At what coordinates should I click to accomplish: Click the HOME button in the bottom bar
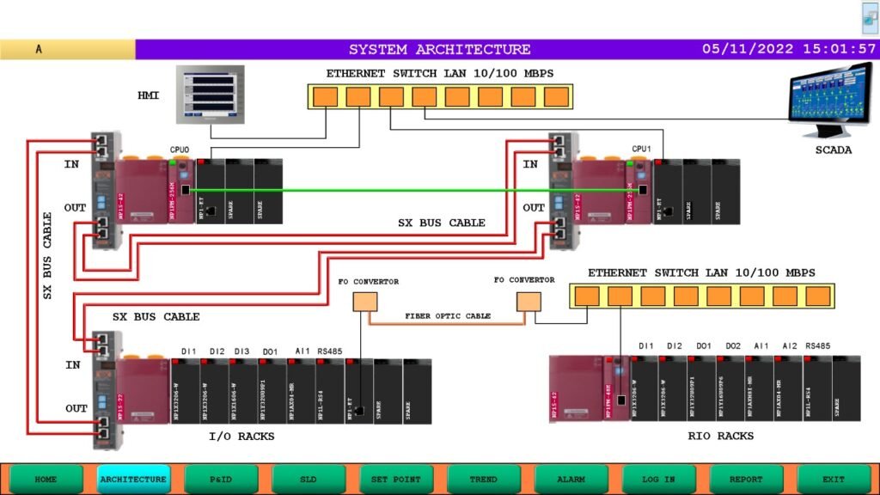pos(46,479)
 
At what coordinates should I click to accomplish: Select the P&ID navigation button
pos(221,479)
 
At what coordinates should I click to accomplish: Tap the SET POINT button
pos(395,479)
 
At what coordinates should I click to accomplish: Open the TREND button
pos(483,479)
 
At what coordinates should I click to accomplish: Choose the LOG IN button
pos(658,479)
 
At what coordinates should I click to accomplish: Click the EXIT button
pos(833,479)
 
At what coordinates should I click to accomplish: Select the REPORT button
pos(746,479)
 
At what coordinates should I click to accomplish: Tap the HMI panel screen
pos(211,93)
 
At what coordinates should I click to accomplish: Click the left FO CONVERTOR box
pos(365,302)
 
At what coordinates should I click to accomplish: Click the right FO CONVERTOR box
pos(528,301)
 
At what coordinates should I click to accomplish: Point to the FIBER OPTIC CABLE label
pos(448,316)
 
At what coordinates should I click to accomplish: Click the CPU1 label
pos(642,149)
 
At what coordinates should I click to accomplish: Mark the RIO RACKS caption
pos(720,436)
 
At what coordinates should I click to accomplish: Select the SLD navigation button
pos(309,479)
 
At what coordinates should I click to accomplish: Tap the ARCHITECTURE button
pos(133,479)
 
